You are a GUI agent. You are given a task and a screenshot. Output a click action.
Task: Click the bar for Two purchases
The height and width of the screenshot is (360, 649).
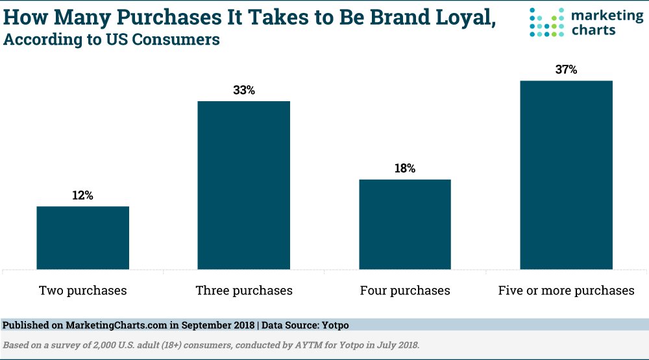(82, 237)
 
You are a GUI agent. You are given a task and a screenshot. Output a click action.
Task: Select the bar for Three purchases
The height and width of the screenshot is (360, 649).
(243, 185)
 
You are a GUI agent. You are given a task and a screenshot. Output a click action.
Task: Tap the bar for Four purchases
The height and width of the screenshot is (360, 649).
(404, 224)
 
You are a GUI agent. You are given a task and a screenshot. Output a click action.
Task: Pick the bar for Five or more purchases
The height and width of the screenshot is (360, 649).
(566, 174)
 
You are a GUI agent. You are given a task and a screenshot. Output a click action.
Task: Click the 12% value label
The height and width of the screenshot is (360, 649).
(82, 195)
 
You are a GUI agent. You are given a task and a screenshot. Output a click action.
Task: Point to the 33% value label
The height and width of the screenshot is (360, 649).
(243, 90)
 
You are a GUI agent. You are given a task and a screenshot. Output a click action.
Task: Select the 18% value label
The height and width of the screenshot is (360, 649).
(404, 168)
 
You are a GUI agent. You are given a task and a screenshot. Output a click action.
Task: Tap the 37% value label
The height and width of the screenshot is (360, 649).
(566, 69)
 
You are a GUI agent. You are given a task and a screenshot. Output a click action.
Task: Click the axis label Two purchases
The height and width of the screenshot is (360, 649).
(82, 290)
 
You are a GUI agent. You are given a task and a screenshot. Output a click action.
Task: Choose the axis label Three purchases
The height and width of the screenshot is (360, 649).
(244, 290)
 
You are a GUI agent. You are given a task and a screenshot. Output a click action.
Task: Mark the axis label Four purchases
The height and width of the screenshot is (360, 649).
(405, 290)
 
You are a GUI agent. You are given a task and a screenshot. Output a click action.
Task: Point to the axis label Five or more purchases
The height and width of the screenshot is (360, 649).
(566, 290)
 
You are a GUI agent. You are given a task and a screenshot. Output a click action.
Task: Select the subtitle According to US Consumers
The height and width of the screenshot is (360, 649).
(112, 40)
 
